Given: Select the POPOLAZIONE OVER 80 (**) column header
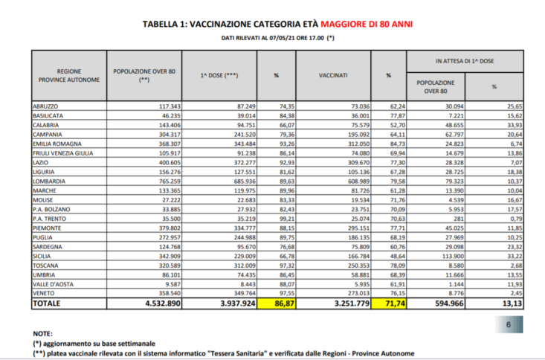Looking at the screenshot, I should pos(143,75).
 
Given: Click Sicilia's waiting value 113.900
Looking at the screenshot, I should pos(445,253).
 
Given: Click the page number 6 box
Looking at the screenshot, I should pos(509,324).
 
